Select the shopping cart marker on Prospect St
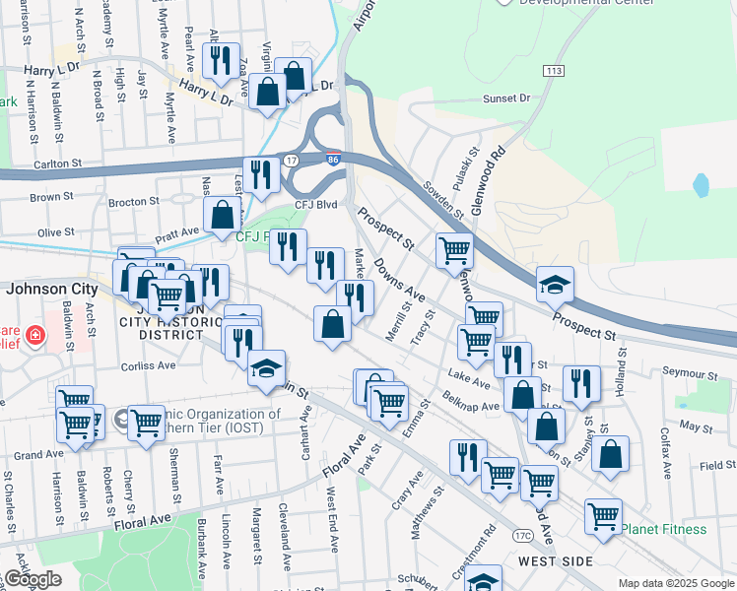click(x=453, y=249)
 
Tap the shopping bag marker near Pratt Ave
click(x=223, y=213)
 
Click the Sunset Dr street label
click(x=506, y=98)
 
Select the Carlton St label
click(x=60, y=164)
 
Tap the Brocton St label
click(x=133, y=201)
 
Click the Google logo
click(x=33, y=579)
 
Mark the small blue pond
click(x=701, y=184)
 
